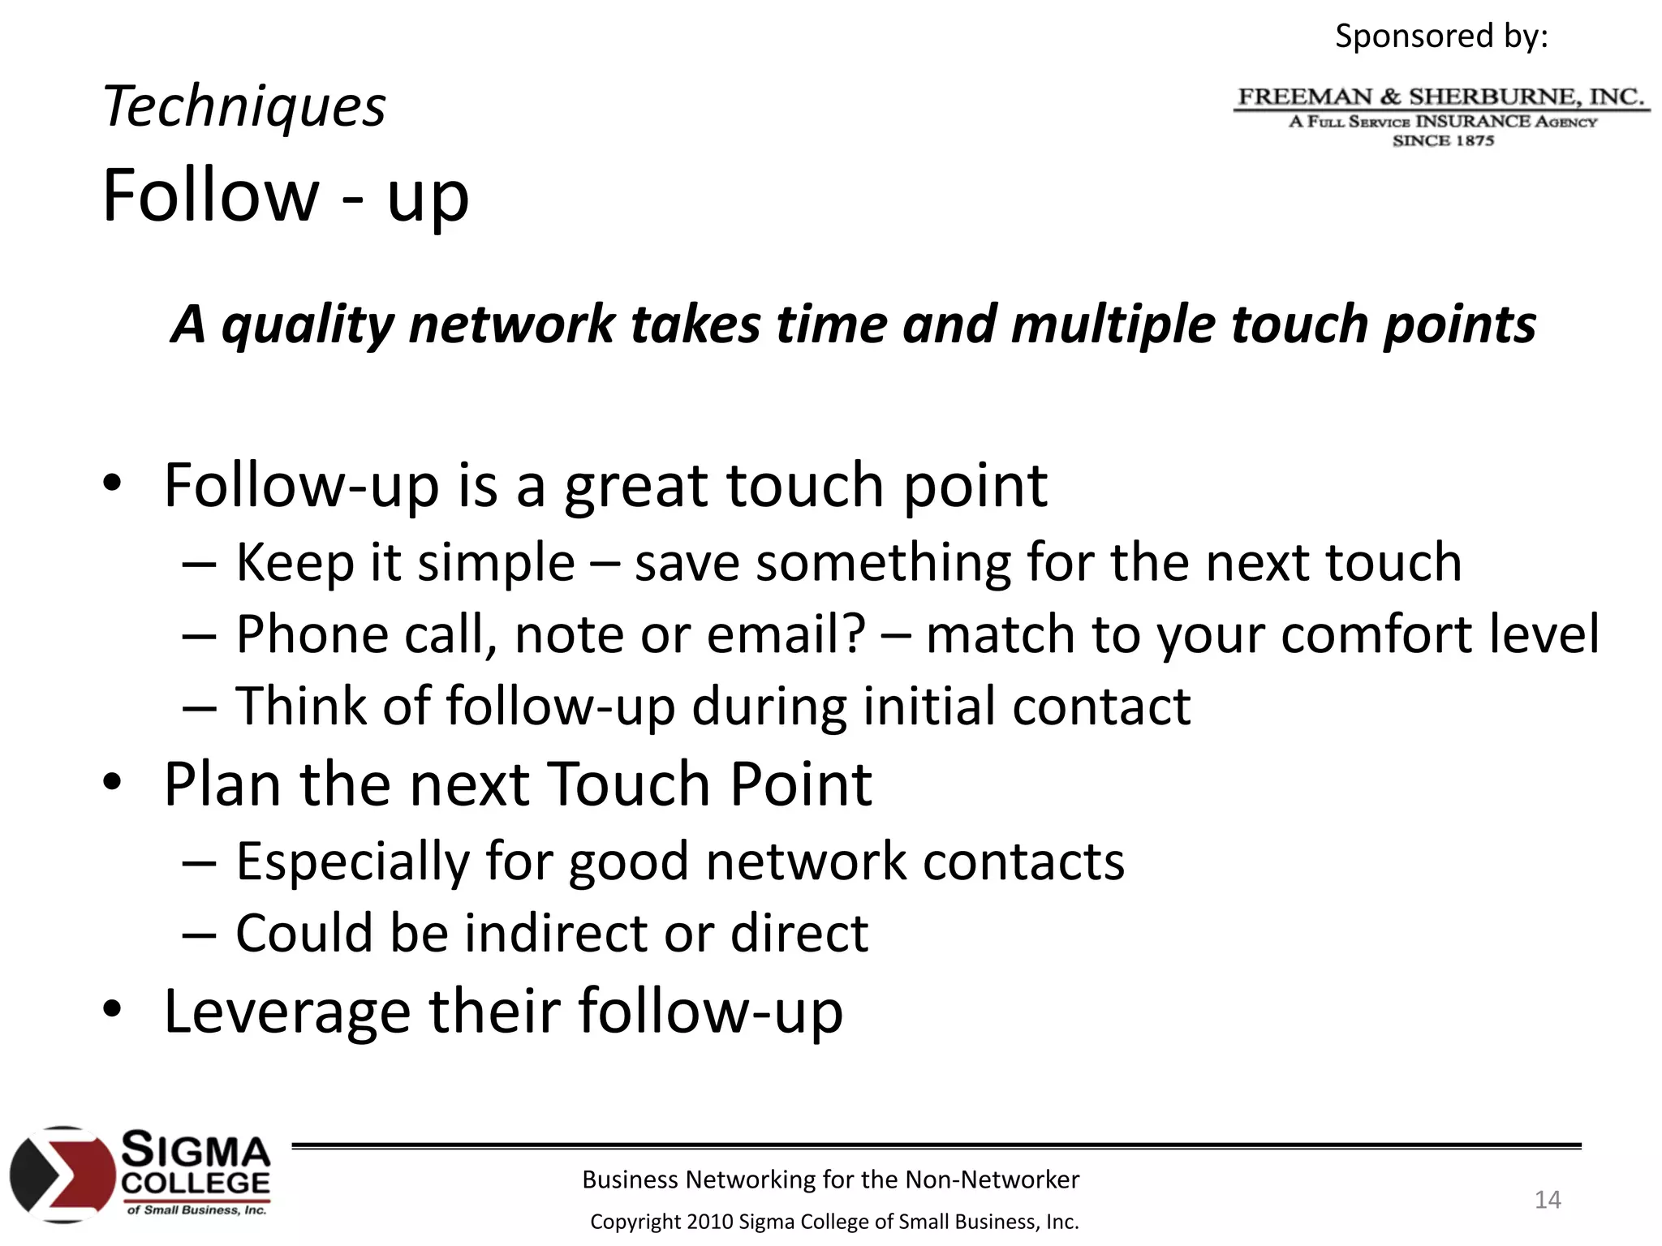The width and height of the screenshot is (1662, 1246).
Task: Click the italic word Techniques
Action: (x=244, y=107)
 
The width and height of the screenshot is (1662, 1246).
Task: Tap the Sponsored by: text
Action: (x=1441, y=37)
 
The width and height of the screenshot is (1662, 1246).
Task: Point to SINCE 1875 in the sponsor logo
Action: (x=1443, y=141)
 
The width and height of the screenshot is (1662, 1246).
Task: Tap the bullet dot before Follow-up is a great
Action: (x=112, y=483)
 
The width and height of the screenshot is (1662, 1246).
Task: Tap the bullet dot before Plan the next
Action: (x=112, y=783)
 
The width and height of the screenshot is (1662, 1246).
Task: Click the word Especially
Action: (x=352, y=861)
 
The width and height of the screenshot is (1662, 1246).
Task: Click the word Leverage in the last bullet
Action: (x=287, y=1012)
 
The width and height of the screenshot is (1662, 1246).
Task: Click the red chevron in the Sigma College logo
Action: (x=81, y=1175)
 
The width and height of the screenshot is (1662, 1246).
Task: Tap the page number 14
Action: (x=1548, y=1200)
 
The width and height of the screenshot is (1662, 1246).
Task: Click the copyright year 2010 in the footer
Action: (x=709, y=1222)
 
